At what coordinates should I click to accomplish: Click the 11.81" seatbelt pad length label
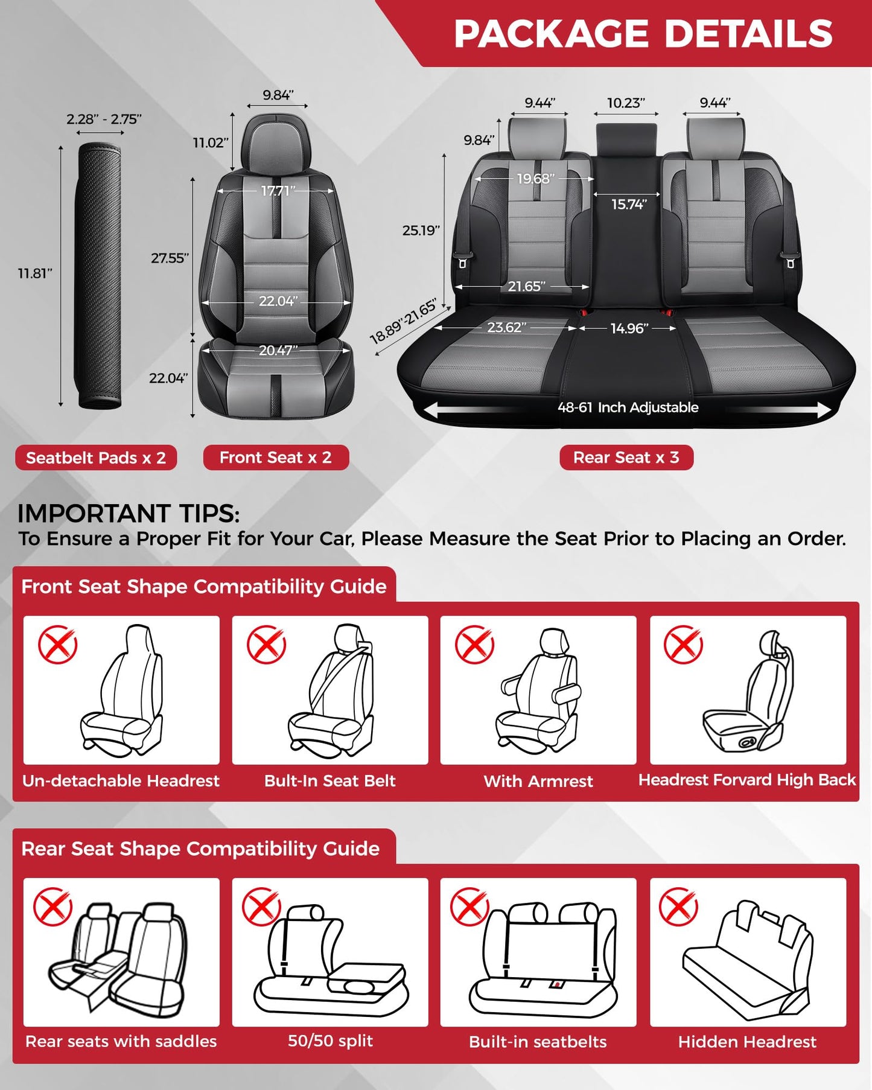tap(35, 273)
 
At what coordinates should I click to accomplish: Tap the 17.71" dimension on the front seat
tap(277, 191)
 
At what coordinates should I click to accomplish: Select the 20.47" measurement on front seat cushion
tap(278, 350)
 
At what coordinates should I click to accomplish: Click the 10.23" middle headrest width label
tap(625, 103)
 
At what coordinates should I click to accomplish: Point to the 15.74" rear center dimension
tap(628, 204)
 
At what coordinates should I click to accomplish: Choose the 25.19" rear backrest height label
tap(421, 230)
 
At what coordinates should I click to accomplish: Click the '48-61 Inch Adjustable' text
tap(628, 407)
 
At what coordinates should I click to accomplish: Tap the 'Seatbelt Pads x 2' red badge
tap(96, 457)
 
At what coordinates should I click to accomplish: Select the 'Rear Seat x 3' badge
tap(626, 457)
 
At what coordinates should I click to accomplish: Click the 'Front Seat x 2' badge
tap(276, 457)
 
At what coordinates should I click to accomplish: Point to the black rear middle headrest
tap(626, 140)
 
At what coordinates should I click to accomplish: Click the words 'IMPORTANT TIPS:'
tap(129, 514)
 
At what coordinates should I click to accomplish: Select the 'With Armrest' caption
tap(538, 781)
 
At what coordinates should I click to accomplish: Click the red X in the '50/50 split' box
tap(261, 907)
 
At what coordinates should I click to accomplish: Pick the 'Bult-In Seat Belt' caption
tap(329, 780)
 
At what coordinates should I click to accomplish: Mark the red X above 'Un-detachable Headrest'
tap(57, 645)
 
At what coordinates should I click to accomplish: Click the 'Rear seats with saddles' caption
tap(121, 1041)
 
